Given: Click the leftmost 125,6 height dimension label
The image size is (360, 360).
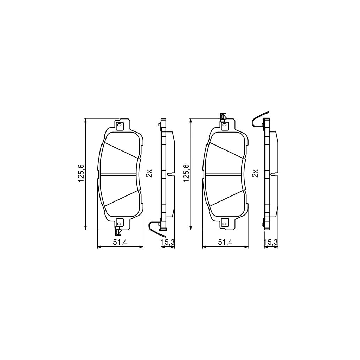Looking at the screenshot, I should (x=81, y=173).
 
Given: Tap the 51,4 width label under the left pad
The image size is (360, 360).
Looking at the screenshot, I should (x=120, y=242).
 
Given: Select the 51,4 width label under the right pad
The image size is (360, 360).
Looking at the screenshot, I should (x=225, y=242).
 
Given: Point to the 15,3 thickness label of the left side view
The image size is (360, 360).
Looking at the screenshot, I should (x=167, y=242).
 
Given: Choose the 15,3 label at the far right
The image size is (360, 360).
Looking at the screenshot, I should (x=271, y=242).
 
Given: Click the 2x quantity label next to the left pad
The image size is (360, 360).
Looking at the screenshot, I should (x=149, y=173).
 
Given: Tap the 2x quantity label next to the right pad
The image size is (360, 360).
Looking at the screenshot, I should (x=256, y=173).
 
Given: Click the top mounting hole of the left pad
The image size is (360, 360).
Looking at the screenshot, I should (x=120, y=125).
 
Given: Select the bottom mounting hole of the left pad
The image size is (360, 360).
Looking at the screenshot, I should (x=119, y=222).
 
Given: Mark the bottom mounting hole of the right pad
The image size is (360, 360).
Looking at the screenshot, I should (x=224, y=222).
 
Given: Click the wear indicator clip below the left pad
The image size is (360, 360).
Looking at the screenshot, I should (x=118, y=231).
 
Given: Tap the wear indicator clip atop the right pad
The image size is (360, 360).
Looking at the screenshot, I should (x=223, y=117).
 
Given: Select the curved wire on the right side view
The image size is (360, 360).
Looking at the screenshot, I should (x=258, y=118).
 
